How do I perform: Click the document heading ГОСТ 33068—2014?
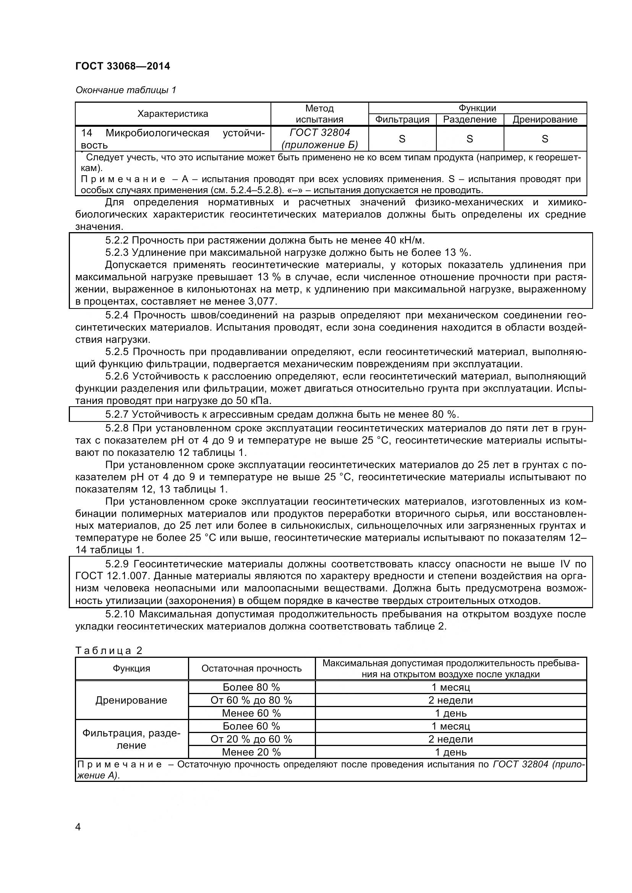pos(123,66)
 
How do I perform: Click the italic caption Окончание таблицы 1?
pos(126,90)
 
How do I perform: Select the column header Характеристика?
pos(173,114)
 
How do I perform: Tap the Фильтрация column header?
pos(402,120)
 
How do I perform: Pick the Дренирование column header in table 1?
pos(545,120)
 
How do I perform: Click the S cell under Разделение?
pos(470,139)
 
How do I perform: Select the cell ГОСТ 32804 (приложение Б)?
pos(319,139)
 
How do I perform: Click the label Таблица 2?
pos(109,651)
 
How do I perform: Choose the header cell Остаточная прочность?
pos(251,669)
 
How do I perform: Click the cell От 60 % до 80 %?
pos(251,700)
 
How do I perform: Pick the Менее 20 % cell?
pos(251,752)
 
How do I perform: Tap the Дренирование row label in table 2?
pos(131,700)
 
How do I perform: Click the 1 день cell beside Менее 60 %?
pos(451,713)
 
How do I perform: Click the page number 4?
pos(78,827)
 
